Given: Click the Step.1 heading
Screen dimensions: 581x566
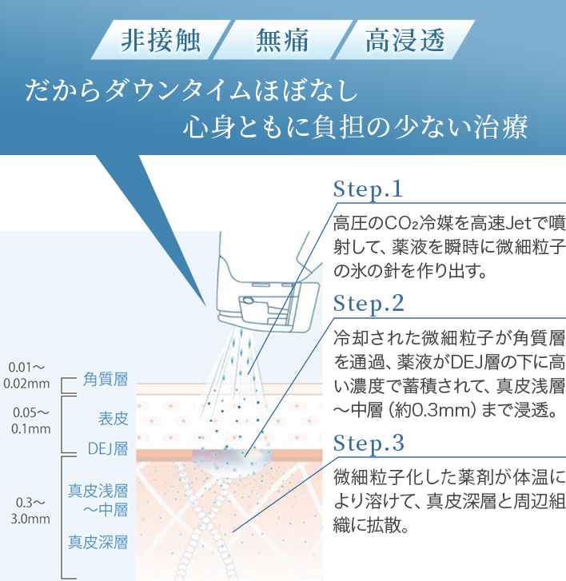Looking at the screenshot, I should click(369, 189).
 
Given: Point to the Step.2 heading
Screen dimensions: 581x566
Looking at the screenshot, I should click(369, 304).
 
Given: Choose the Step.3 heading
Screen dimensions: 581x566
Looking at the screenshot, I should click(369, 443).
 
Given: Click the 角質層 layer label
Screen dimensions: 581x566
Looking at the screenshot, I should click(106, 380).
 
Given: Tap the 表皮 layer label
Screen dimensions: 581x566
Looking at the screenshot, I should click(113, 418).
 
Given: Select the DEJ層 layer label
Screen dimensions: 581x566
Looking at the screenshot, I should click(107, 448).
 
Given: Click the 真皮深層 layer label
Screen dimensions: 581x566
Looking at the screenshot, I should click(98, 543).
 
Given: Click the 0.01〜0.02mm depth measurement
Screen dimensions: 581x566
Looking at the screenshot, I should click(27, 375).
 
